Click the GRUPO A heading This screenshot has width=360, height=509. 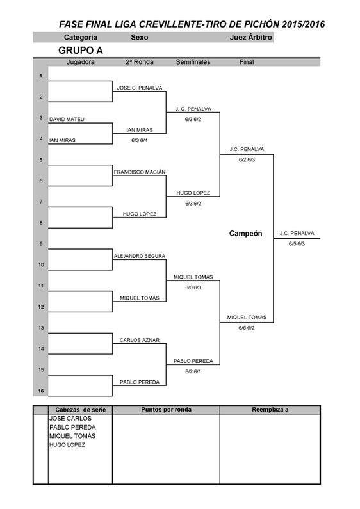pos(81,51)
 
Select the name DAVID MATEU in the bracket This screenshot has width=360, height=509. pos(67,120)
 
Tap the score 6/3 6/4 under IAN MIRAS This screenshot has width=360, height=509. pos(140,141)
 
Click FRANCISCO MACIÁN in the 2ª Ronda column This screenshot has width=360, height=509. pos(140,172)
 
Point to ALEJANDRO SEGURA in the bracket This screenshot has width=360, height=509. pos(140,256)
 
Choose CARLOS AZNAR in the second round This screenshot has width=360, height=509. pos(140,340)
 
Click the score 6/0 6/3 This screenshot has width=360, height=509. pos(193,287)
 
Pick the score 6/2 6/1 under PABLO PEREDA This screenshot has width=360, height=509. pos(193,372)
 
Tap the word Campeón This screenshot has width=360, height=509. pos(245,234)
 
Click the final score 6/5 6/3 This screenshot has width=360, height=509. pos(297,244)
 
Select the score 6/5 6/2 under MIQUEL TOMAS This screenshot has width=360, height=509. pos(247,328)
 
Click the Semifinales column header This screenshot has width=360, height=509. pos(193,62)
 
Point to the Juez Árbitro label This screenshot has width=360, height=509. pos(251,37)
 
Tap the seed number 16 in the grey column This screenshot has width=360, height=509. pos(41,391)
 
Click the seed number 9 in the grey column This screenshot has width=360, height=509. pos(41,244)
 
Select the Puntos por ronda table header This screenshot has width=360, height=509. pos(166,410)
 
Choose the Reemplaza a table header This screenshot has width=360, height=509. pos(270,410)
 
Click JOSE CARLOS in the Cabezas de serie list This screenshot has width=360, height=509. pos(70,419)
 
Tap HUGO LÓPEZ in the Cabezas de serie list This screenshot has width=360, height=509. pos(67,445)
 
